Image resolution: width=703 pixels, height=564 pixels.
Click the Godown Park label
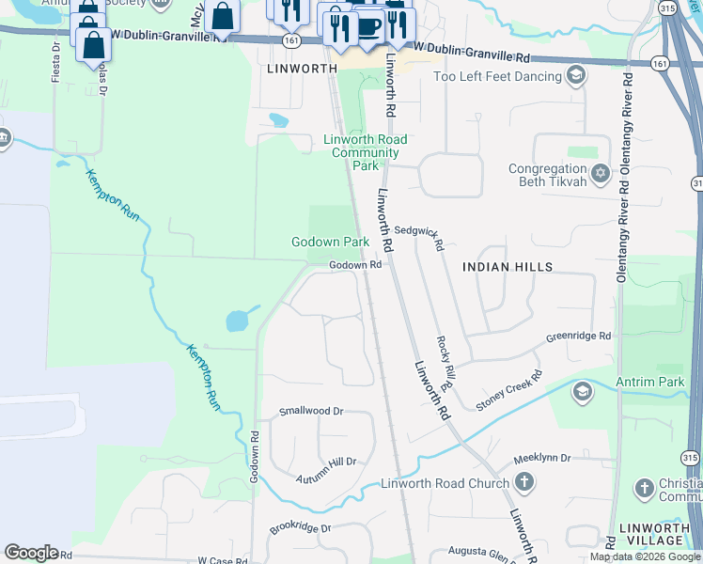click(329, 242)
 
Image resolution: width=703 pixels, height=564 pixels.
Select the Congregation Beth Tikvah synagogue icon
click(601, 174)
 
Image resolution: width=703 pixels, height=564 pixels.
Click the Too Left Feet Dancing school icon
click(576, 75)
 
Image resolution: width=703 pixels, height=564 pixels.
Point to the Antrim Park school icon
click(582, 391)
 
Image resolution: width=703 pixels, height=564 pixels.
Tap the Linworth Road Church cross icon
click(524, 483)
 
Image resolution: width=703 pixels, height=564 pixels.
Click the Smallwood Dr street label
click(312, 412)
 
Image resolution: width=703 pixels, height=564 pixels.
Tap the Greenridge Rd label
click(579, 336)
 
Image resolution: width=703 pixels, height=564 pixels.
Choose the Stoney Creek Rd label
click(508, 391)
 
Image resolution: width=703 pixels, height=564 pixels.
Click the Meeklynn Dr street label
click(542, 458)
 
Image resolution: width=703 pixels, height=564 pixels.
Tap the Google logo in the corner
click(31, 553)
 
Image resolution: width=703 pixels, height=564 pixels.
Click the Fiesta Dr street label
click(55, 58)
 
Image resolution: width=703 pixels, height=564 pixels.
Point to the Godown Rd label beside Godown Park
click(354, 265)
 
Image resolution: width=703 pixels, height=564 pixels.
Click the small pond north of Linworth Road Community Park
click(278, 119)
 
